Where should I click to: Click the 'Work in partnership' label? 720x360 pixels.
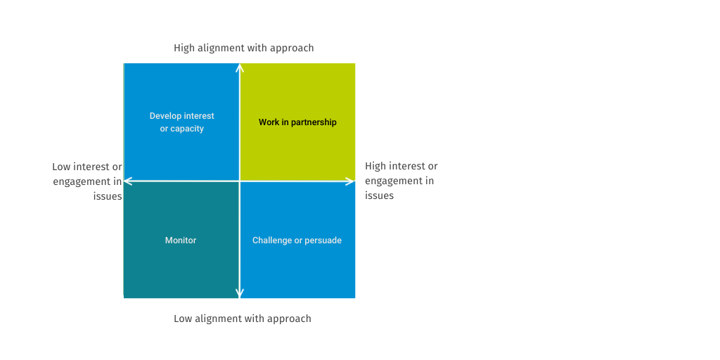point(297,122)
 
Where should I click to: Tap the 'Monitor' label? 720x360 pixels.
point(181,240)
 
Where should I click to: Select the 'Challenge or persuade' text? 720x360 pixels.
point(297,240)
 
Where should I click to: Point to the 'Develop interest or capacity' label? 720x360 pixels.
point(181,122)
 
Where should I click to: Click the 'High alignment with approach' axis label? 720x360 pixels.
point(243,48)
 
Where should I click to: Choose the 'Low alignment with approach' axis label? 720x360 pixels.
point(242,319)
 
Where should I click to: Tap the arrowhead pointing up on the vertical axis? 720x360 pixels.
point(240,67)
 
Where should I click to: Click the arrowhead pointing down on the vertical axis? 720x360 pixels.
point(240,294)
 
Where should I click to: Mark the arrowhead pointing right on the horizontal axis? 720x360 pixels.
point(350,181)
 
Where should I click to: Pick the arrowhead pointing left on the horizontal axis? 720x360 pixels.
point(128,181)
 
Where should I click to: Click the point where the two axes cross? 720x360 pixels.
point(240,181)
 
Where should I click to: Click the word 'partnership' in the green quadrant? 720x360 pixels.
point(314,122)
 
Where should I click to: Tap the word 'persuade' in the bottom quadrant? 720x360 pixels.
point(323,240)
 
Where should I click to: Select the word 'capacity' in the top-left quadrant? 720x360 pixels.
point(187,129)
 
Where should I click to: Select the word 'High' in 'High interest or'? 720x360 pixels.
point(375,166)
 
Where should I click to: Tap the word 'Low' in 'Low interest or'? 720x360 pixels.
point(62,167)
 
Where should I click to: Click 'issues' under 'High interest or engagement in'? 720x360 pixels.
point(379,195)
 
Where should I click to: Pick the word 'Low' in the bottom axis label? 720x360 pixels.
point(184,319)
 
